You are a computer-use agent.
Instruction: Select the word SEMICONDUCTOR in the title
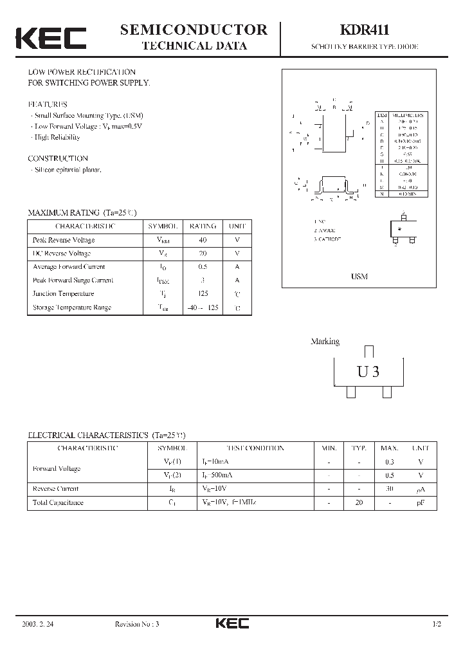pyautogui.click(x=194, y=30)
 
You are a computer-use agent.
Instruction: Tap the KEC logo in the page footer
pyautogui.click(x=232, y=623)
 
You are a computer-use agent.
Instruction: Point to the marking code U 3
pyautogui.click(x=368, y=371)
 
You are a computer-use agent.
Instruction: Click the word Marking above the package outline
pyautogui.click(x=325, y=342)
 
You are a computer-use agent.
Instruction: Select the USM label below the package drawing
pyautogui.click(x=359, y=277)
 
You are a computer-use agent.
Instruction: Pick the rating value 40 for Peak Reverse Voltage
pyautogui.click(x=203, y=240)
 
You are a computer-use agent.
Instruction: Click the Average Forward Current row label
pyautogui.click(x=69, y=267)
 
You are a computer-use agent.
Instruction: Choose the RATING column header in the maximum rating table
pyautogui.click(x=203, y=226)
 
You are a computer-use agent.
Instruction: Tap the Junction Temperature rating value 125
pyautogui.click(x=203, y=294)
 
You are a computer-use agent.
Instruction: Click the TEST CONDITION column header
pyautogui.click(x=255, y=448)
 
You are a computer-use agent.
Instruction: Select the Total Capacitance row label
pyautogui.click(x=58, y=502)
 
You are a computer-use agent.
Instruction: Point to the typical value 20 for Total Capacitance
pyautogui.click(x=358, y=502)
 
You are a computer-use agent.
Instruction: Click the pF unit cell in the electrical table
pyautogui.click(x=421, y=502)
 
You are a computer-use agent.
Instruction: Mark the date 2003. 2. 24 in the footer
pyautogui.click(x=37, y=624)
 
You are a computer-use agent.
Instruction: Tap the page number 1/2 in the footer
pyautogui.click(x=437, y=624)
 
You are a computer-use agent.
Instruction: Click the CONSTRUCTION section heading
pyautogui.click(x=58, y=158)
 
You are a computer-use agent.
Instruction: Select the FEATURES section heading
pyautogui.click(x=48, y=104)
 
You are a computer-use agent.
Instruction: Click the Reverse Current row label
pyautogui.click(x=55, y=489)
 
